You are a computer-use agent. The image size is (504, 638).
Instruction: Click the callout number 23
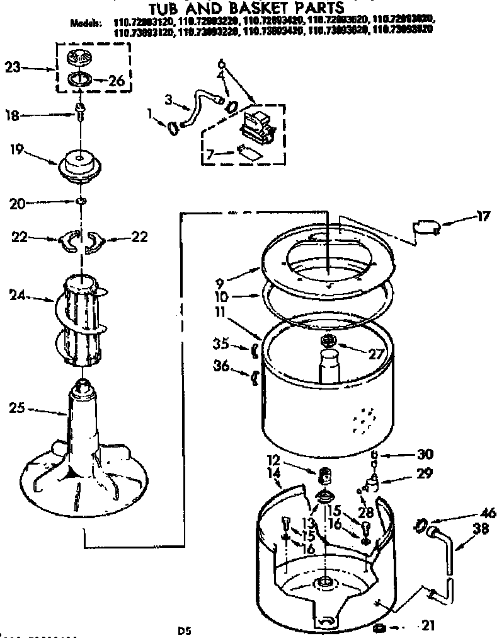click(13, 66)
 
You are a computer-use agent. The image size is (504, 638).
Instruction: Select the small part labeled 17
click(423, 228)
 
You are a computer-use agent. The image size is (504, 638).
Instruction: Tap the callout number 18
click(13, 115)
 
